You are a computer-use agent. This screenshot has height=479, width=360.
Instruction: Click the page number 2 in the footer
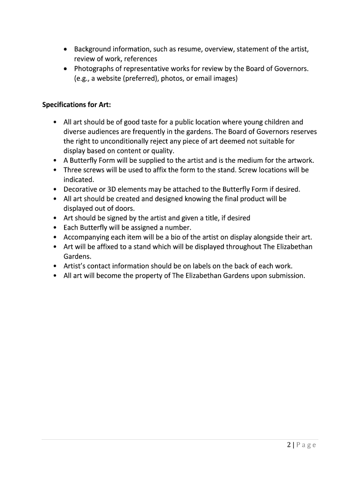[290, 445]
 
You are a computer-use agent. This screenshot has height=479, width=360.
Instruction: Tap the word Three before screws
[73, 170]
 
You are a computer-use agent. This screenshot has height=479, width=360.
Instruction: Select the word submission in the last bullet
[286, 276]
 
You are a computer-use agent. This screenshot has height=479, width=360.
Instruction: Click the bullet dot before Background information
[66, 50]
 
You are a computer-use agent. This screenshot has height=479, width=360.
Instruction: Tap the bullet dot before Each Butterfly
[55, 228]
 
